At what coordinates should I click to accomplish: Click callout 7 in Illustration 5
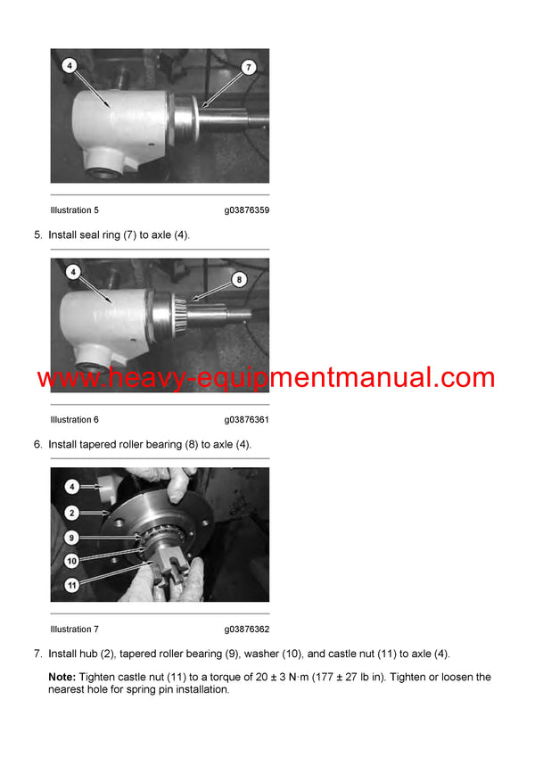249,67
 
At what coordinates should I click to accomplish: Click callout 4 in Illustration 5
70,65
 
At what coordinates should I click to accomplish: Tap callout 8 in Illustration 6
238,279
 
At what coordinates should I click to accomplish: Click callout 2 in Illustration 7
72,513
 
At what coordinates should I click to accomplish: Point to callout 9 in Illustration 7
72,538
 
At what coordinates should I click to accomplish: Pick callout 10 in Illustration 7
72,561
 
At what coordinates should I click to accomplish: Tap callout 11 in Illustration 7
72,585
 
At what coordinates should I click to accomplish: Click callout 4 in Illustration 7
72,487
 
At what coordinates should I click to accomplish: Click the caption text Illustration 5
75,210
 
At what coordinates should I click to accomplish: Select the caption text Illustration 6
75,420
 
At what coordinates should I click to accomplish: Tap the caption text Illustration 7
75,629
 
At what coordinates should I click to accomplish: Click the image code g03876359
247,210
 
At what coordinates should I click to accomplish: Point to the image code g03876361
247,420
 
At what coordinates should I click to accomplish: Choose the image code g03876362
247,629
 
